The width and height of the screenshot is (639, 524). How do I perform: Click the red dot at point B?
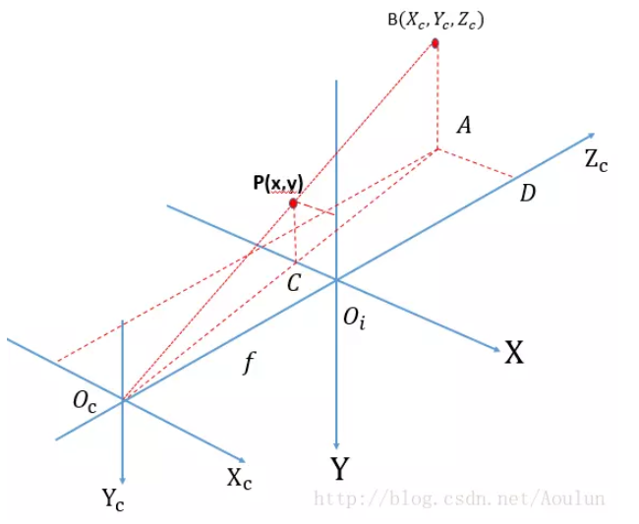click(436, 43)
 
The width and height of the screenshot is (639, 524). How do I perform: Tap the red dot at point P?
click(293, 204)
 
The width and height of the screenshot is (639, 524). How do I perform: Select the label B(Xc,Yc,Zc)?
click(436, 19)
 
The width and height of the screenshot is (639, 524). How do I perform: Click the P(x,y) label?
click(276, 182)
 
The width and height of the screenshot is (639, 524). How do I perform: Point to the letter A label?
click(465, 125)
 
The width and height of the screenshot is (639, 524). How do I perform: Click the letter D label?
click(527, 194)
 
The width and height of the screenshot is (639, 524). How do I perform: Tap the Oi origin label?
click(353, 319)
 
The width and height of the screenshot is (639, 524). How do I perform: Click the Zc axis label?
click(596, 161)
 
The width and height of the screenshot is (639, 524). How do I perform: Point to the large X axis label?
click(514, 353)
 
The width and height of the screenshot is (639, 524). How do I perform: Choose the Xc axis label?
click(240, 479)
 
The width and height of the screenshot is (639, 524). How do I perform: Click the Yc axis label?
click(113, 498)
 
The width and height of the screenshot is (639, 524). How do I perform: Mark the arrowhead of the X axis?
click(495, 347)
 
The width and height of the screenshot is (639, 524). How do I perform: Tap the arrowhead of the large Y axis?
click(337, 446)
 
